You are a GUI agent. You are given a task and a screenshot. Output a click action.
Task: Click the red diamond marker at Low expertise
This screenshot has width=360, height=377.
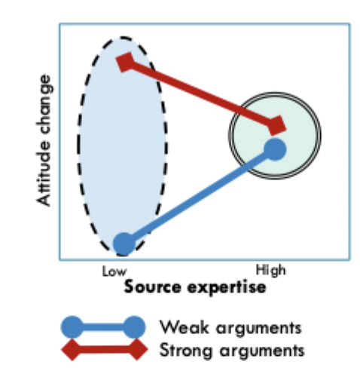click(x=126, y=62)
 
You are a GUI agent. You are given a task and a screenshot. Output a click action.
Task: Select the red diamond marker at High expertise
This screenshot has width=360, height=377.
click(x=276, y=124)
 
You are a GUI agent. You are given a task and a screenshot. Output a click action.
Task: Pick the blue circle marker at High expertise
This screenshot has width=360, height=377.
click(x=275, y=149)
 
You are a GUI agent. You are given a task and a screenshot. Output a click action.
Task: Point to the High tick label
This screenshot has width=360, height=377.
click(x=271, y=271)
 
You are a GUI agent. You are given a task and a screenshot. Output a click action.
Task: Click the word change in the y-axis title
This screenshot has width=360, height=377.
click(x=46, y=106)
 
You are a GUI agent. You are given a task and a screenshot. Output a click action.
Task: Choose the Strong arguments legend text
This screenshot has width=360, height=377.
click(x=232, y=351)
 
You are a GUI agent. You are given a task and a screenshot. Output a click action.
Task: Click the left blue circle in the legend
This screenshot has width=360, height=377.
click(x=72, y=327)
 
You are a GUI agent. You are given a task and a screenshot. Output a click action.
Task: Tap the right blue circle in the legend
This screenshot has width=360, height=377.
click(x=134, y=327)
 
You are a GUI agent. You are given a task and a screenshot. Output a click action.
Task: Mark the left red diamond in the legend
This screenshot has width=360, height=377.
click(x=72, y=349)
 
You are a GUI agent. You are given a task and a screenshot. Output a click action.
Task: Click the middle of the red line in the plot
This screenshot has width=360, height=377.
click(x=201, y=93)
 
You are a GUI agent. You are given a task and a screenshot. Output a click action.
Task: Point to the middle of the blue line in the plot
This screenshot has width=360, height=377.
click(x=199, y=196)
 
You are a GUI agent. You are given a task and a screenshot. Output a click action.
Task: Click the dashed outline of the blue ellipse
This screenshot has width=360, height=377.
click(x=78, y=143)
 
